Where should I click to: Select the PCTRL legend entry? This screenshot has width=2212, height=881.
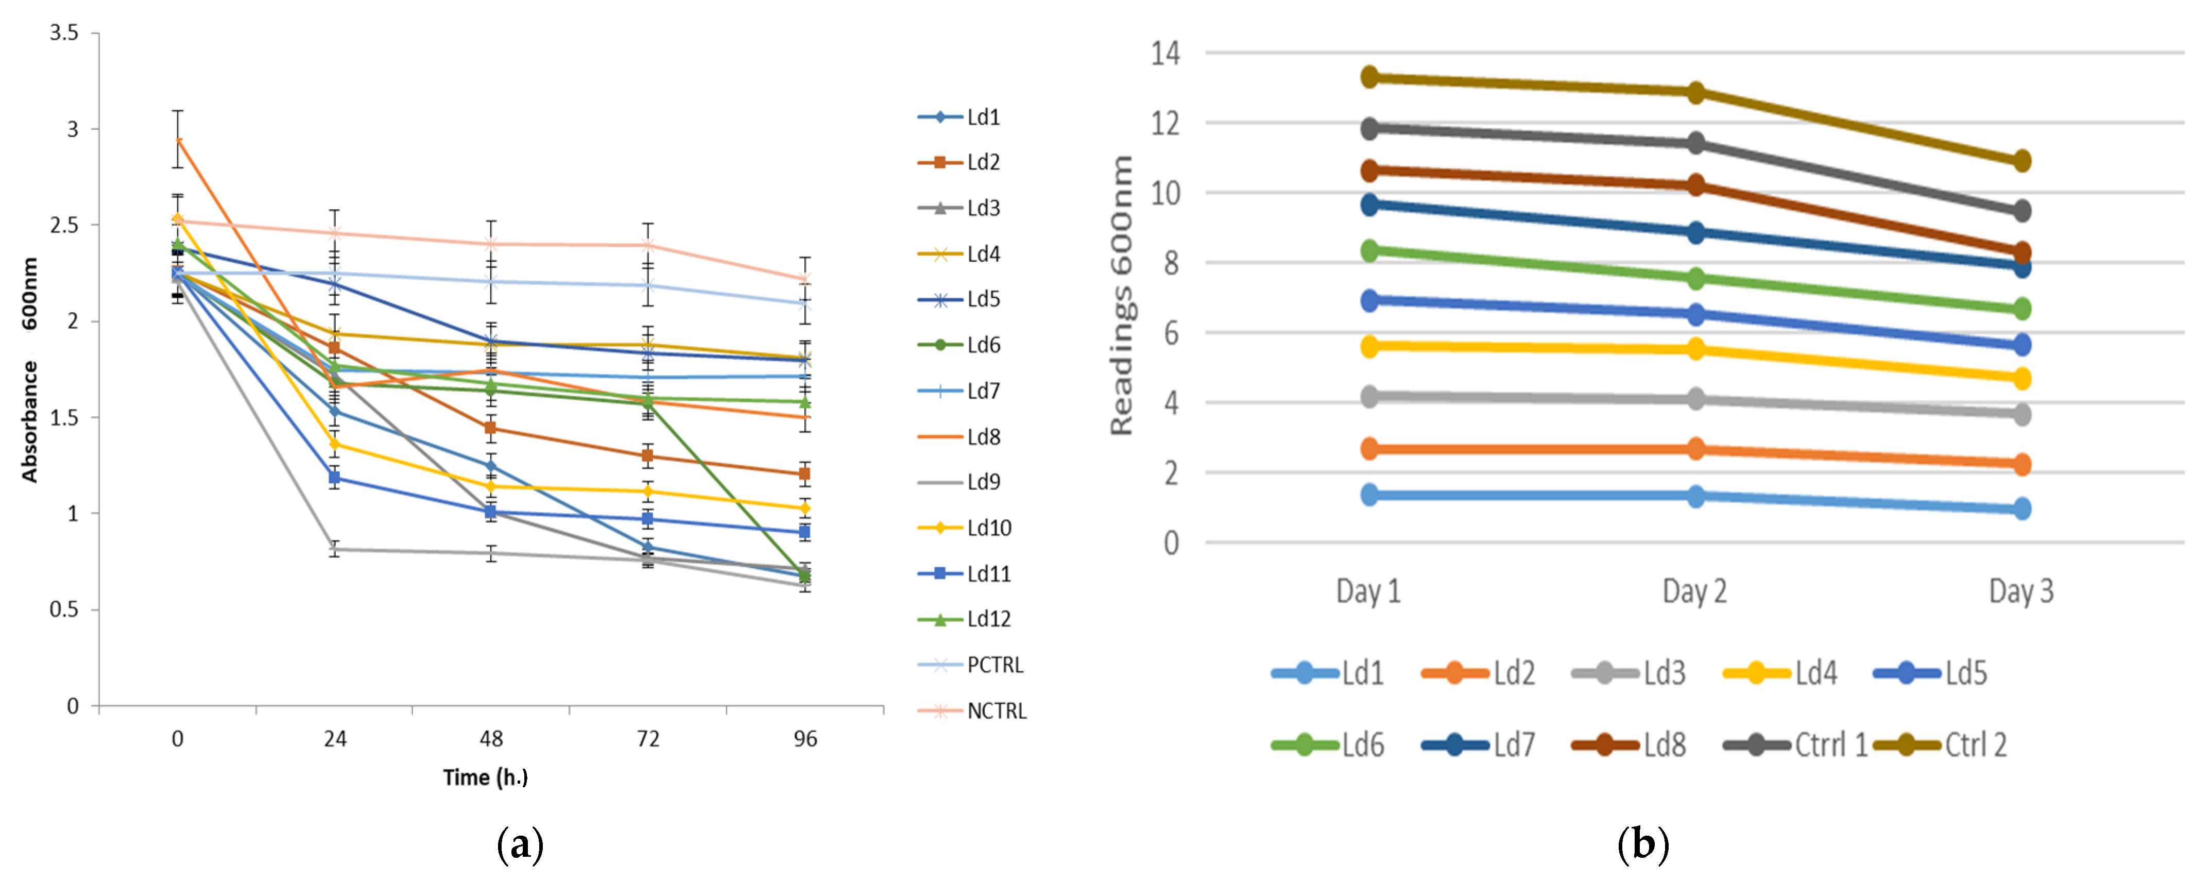[970, 665]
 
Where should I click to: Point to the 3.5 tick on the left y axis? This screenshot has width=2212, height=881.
[63, 33]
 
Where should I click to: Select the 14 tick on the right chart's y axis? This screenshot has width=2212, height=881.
[1166, 53]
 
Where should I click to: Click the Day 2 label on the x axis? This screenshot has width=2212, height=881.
[1694, 591]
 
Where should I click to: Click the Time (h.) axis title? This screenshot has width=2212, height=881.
[485, 777]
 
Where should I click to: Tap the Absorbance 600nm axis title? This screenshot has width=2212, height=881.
[29, 370]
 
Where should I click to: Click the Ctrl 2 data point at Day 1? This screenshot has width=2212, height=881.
[1369, 77]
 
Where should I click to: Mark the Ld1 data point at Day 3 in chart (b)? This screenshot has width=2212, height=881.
[2021, 509]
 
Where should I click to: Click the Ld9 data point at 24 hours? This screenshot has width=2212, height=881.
[334, 550]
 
